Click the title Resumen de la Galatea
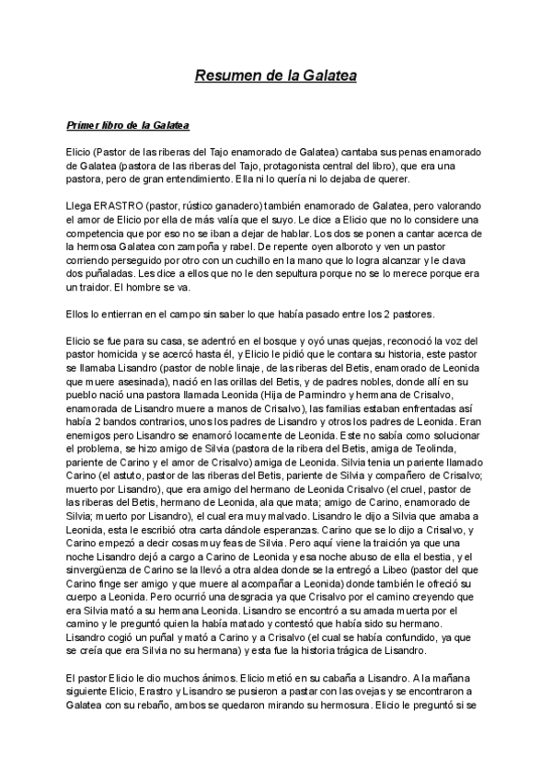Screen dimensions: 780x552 point(275,75)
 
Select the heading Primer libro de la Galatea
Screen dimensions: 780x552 point(128,124)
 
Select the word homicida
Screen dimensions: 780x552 point(111,356)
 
